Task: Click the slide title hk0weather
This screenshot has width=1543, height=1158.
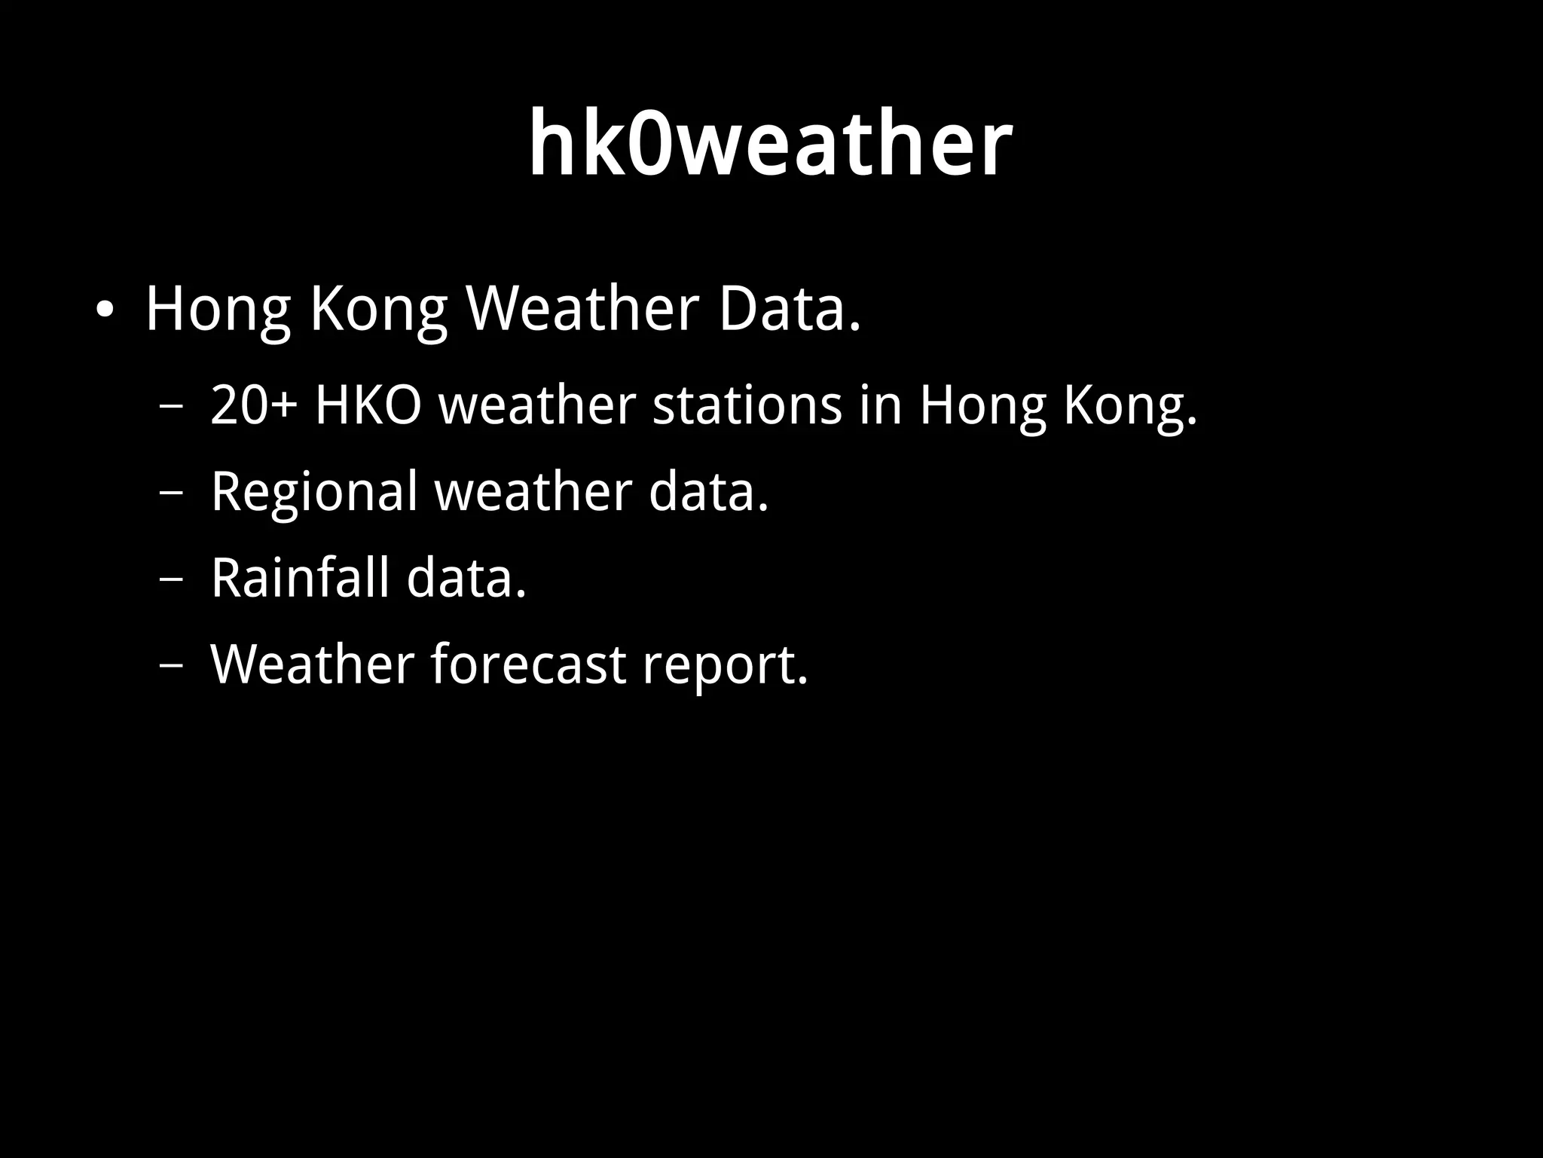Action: (770, 143)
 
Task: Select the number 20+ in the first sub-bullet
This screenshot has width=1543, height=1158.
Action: (254, 405)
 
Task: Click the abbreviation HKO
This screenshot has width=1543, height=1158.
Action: (368, 405)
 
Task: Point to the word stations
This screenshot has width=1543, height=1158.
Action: (747, 405)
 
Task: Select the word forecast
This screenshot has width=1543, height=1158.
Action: (528, 665)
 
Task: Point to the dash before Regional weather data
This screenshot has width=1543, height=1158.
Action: (172, 493)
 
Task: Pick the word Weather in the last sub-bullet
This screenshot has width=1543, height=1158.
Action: (312, 665)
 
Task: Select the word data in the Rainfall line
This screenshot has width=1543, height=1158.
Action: (466, 578)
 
